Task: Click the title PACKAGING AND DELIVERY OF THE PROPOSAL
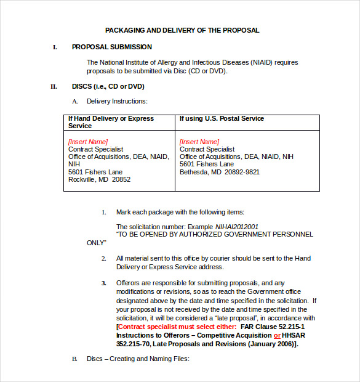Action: point(182,30)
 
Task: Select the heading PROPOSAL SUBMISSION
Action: point(111,47)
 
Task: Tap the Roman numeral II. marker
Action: point(54,86)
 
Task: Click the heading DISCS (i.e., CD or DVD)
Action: point(108,86)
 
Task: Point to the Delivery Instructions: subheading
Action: point(117,101)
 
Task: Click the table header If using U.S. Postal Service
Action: point(222,118)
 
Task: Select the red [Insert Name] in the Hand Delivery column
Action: point(87,142)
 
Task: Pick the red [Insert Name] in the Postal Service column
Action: point(199,142)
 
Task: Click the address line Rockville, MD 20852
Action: point(99,180)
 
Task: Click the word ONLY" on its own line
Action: point(97,243)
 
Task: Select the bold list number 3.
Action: point(103,283)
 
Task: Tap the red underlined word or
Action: point(277,335)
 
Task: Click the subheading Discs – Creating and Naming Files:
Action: point(138,359)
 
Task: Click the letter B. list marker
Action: point(74,359)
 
